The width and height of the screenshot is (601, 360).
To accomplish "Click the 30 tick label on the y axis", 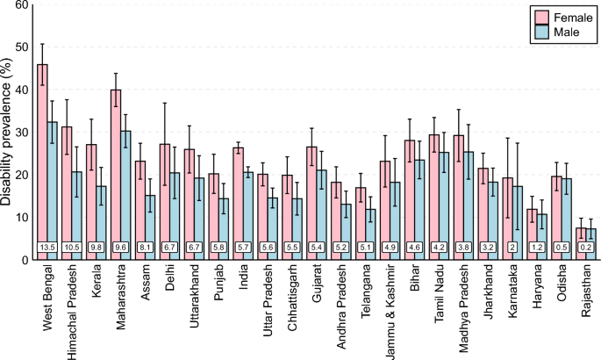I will [19, 132].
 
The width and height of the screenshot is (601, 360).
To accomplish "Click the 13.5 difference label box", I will [47, 248].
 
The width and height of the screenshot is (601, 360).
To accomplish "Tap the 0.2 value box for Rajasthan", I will [585, 248].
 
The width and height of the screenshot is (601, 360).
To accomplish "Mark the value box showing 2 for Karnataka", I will [512, 248].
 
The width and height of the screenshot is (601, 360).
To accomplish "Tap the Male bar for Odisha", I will [566, 215].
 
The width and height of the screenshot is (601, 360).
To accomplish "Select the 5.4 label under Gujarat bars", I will [316, 248].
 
